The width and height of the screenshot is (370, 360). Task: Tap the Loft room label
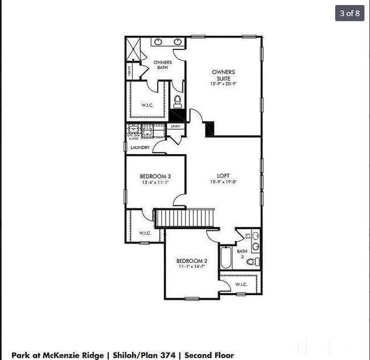(x=223, y=175)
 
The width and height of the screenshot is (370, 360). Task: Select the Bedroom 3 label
(x=155, y=176)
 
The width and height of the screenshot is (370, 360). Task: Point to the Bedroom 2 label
(x=192, y=261)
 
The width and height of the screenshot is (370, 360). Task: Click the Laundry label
(x=140, y=148)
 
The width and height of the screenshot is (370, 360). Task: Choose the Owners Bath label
(x=163, y=65)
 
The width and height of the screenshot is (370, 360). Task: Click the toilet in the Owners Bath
(x=178, y=102)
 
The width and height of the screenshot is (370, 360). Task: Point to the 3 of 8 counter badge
(x=350, y=13)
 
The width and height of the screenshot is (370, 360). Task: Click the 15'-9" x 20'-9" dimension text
(x=223, y=84)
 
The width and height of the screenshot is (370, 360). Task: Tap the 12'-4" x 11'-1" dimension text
(x=155, y=183)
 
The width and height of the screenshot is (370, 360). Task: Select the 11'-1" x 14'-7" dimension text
(x=192, y=267)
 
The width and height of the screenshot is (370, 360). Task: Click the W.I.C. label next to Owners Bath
(x=147, y=105)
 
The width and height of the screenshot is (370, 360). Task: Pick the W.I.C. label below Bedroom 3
(x=145, y=233)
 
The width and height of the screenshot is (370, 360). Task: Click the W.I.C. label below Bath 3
(x=241, y=284)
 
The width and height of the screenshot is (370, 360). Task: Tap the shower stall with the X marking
(x=133, y=48)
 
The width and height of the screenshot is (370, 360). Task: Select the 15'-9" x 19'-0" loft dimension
(x=223, y=182)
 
